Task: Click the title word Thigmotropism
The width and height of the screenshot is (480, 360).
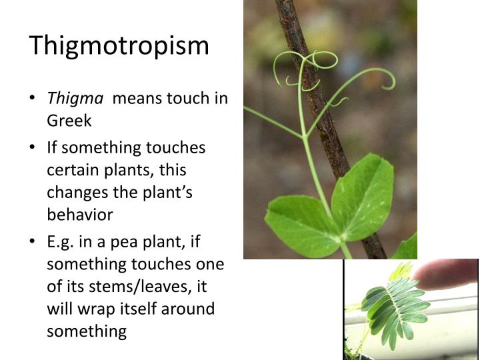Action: [119, 46]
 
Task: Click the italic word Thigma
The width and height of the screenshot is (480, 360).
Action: [75, 99]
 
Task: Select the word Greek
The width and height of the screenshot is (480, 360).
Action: [69, 121]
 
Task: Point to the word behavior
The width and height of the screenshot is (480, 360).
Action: [79, 215]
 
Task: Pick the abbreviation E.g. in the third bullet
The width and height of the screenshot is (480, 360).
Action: [61, 242]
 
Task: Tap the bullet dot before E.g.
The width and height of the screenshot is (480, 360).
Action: [33, 243]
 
